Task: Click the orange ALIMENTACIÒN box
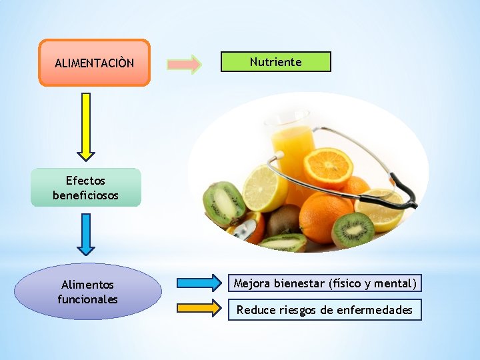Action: click(94, 63)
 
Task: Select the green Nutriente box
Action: click(275, 62)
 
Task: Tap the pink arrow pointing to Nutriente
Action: click(184, 64)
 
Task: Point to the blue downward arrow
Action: click(86, 234)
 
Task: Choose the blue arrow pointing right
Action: click(199, 283)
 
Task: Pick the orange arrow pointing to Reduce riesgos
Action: click(199, 308)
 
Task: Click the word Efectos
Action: click(85, 181)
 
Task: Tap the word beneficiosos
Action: click(85, 195)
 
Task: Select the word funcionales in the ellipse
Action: click(87, 299)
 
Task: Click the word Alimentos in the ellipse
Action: click(87, 285)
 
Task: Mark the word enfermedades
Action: click(380, 310)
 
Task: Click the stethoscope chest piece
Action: click(244, 231)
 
